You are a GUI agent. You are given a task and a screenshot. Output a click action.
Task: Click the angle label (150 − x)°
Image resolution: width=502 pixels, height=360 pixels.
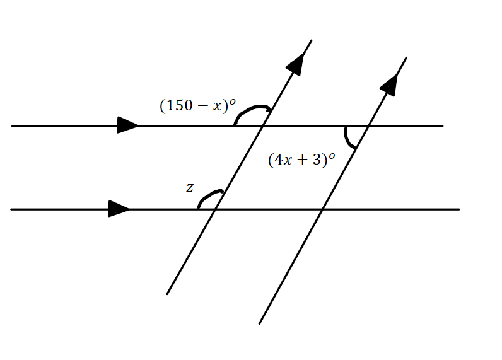click(x=197, y=105)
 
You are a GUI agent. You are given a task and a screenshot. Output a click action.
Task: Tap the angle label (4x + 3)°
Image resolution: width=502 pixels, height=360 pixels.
click(x=301, y=160)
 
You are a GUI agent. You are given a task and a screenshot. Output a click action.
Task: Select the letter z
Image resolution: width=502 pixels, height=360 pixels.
click(x=190, y=187)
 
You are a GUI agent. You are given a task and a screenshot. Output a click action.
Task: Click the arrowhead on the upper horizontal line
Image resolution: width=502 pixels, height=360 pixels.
click(x=128, y=125)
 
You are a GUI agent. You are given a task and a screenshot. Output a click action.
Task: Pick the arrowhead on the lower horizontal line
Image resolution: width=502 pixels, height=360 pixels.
click(x=119, y=209)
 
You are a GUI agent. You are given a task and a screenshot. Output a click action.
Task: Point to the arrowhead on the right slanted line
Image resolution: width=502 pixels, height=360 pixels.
click(x=390, y=84)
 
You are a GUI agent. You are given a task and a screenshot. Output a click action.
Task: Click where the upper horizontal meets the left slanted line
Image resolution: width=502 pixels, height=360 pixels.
click(x=262, y=126)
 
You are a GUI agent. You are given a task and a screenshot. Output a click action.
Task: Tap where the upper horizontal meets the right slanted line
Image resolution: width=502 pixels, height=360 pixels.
click(x=368, y=126)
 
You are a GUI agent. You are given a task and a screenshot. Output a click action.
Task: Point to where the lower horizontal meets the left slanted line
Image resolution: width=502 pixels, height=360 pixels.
click(x=214, y=209)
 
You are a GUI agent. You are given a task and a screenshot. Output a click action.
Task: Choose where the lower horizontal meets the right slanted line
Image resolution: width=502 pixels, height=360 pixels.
click(x=322, y=209)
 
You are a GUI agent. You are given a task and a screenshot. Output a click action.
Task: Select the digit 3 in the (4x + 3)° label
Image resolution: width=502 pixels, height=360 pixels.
click(x=317, y=160)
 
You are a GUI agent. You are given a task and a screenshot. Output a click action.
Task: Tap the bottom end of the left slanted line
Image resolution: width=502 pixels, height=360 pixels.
click(x=167, y=294)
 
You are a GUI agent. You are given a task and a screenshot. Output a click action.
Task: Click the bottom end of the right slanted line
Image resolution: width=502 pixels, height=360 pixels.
click(x=259, y=323)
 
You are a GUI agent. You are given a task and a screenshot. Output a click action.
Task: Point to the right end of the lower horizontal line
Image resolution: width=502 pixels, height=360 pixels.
click(x=459, y=209)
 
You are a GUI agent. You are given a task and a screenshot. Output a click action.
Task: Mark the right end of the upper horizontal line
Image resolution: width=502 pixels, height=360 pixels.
click(x=443, y=126)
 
